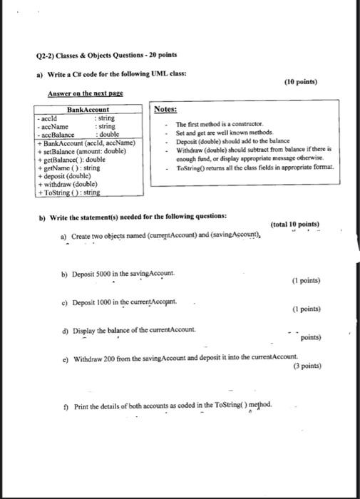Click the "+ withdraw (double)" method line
coord(68,183)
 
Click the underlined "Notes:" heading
coord(166,110)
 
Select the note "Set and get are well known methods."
coord(222,133)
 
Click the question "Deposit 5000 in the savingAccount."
coord(118,274)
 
